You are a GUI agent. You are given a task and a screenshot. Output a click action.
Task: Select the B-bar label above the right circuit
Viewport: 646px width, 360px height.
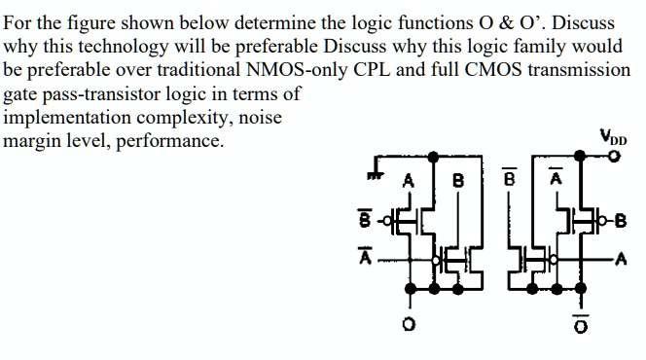click(507, 180)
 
